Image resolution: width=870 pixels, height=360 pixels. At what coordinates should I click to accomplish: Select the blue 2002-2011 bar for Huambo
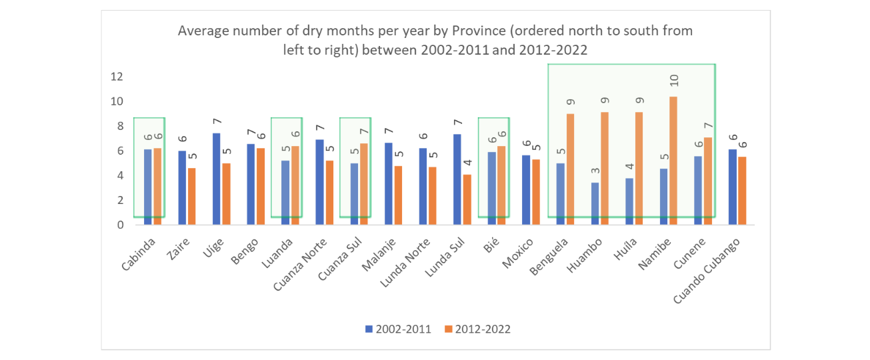tap(595, 203)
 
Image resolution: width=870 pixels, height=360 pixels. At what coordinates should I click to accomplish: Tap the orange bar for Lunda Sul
tap(467, 199)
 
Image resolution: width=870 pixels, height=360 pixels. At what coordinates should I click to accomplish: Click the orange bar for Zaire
tap(192, 196)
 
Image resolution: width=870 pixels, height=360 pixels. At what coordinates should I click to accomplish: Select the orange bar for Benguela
tap(570, 169)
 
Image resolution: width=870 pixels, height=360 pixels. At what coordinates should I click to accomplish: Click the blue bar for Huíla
tap(629, 201)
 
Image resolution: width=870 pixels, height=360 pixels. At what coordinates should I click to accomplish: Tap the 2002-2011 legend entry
tap(398, 329)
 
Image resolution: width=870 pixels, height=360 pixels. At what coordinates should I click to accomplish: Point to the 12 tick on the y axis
tap(117, 77)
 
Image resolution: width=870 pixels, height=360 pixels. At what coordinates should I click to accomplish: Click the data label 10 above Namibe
tap(674, 81)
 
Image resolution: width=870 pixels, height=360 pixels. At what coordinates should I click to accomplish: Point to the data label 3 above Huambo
tap(595, 171)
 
